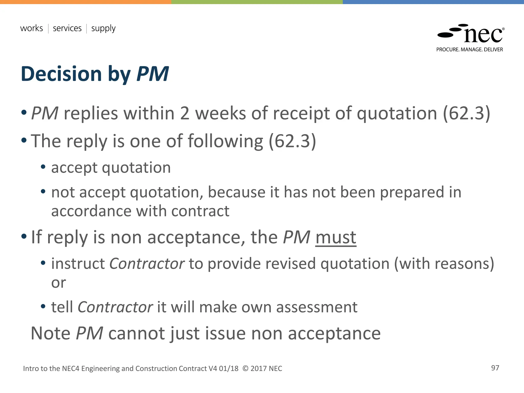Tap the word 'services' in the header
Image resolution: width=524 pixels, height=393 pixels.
tap(67, 28)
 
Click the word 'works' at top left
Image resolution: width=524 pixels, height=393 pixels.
tap(31, 28)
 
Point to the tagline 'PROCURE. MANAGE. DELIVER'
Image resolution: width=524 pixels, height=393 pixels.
tap(470, 50)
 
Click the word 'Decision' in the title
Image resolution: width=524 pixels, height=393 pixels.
tap(61, 74)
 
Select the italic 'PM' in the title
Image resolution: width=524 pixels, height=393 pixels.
tap(152, 74)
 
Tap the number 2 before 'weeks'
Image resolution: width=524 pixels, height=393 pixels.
tap(184, 113)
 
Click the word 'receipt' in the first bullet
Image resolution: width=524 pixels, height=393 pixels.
tap(301, 113)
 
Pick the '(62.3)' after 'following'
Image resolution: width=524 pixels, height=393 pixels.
tap(292, 141)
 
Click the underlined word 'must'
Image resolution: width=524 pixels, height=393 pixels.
tap(336, 237)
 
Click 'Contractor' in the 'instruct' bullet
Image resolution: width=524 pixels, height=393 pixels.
tap(147, 264)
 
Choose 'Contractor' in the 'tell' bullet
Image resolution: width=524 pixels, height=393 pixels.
tap(115, 307)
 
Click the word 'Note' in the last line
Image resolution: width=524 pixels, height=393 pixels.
tap(50, 333)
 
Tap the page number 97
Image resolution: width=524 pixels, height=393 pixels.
tap(495, 368)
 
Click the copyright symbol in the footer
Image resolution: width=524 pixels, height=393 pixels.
tap(245, 369)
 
